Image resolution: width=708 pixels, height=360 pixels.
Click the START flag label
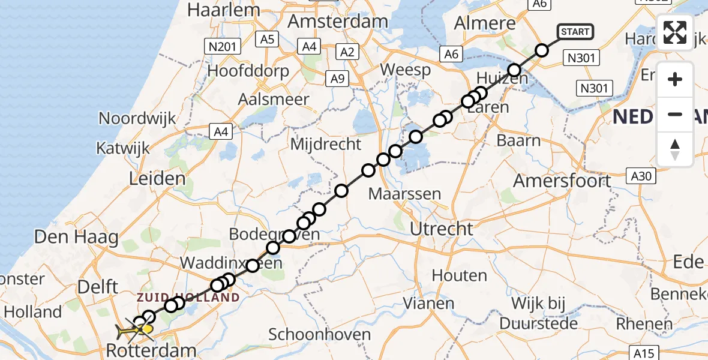click(575, 32)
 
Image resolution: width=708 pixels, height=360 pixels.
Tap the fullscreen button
click(675, 32)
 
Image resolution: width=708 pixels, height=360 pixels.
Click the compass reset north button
click(675, 149)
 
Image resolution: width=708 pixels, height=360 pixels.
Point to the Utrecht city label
click(441, 229)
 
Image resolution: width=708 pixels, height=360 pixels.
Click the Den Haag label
click(76, 237)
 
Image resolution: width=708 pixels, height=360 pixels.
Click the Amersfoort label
click(562, 181)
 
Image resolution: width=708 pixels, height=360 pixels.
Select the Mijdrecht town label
click(326, 144)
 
